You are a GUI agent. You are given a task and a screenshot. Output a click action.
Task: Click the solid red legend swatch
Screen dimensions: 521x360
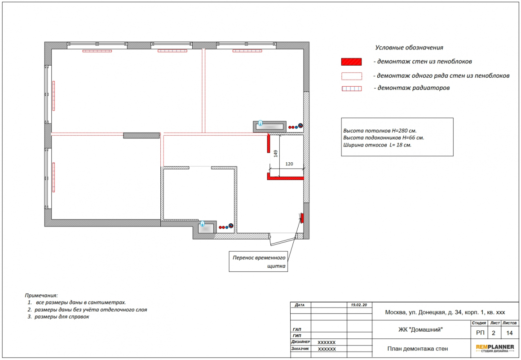tap(351, 62)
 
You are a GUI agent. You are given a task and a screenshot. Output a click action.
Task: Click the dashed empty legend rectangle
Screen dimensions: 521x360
tap(352, 76)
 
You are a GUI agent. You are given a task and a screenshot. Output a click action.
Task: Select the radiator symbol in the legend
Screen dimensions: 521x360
tap(352, 89)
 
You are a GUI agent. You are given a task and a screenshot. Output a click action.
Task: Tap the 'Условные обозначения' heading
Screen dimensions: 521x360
tap(409, 48)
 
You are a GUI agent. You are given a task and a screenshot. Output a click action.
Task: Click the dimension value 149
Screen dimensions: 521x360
tap(275, 153)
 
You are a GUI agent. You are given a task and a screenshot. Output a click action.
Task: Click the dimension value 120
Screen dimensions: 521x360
tap(289, 164)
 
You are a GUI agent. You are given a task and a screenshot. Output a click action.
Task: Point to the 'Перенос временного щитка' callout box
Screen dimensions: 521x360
tap(258, 262)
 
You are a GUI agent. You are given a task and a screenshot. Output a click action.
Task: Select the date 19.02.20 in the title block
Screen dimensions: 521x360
tap(359, 305)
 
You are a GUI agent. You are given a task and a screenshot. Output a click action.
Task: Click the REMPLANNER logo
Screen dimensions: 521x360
tap(495, 348)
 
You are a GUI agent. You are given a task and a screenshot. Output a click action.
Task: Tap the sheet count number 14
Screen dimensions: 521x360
tap(509, 333)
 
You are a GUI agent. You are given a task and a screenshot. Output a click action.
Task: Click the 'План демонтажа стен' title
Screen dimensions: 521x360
tap(417, 349)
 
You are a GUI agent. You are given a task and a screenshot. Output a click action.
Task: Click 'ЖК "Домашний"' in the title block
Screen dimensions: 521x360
tap(420, 330)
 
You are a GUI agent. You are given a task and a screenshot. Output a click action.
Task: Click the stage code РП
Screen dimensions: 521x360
tap(480, 333)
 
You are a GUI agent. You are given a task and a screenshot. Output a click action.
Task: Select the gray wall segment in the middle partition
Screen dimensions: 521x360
tap(141, 135)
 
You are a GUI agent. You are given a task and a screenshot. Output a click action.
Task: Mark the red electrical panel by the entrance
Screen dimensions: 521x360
tap(302, 218)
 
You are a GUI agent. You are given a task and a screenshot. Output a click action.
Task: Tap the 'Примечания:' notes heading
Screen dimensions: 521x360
tap(41, 295)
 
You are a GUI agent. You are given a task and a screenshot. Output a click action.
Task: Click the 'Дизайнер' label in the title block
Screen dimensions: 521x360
tap(300, 342)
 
